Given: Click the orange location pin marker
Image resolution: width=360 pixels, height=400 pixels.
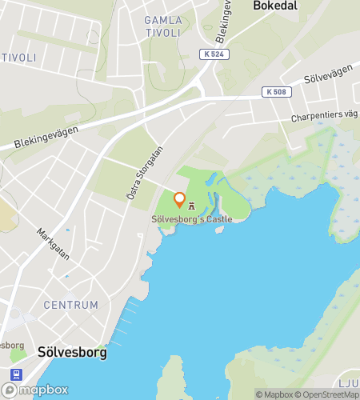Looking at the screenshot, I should (180, 200).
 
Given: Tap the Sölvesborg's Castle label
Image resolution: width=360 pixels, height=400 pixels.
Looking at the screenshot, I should (192, 219).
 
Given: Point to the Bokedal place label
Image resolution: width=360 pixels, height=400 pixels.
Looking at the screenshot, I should (274, 6).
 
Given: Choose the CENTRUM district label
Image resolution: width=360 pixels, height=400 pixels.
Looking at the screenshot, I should (71, 305).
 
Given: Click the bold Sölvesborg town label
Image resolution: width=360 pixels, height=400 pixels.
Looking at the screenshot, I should (72, 352).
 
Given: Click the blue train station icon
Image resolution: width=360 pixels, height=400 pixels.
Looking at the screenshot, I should (14, 374).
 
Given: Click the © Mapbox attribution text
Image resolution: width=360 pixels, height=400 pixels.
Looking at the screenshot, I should (274, 394).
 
